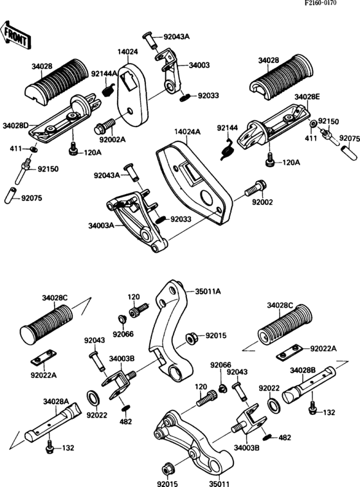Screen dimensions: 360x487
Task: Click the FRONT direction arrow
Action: pyautogui.click(x=15, y=34)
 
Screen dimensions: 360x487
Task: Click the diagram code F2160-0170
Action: pyautogui.click(x=321, y=3)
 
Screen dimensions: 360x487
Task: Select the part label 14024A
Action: pyautogui.click(x=187, y=132)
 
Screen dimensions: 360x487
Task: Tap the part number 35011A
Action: pyautogui.click(x=208, y=291)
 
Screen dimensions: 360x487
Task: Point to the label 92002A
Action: pyautogui.click(x=113, y=139)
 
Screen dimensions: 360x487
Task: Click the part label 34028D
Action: pyautogui.click(x=15, y=125)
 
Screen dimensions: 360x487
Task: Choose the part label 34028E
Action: pyautogui.click(x=307, y=96)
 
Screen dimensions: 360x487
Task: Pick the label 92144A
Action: pyautogui.click(x=104, y=74)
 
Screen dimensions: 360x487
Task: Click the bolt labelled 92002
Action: pyautogui.click(x=255, y=188)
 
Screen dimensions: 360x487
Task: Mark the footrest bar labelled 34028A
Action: pyautogui.click(x=53, y=423)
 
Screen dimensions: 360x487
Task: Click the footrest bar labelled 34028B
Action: pyautogui.click(x=309, y=384)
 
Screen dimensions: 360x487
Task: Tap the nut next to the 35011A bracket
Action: pyautogui.click(x=190, y=338)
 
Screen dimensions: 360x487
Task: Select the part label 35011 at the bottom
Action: pyautogui.click(x=219, y=484)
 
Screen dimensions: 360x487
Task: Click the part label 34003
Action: pyautogui.click(x=199, y=66)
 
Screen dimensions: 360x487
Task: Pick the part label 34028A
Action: pyautogui.click(x=56, y=402)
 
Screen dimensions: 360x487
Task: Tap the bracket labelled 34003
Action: pyautogui.click(x=166, y=71)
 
